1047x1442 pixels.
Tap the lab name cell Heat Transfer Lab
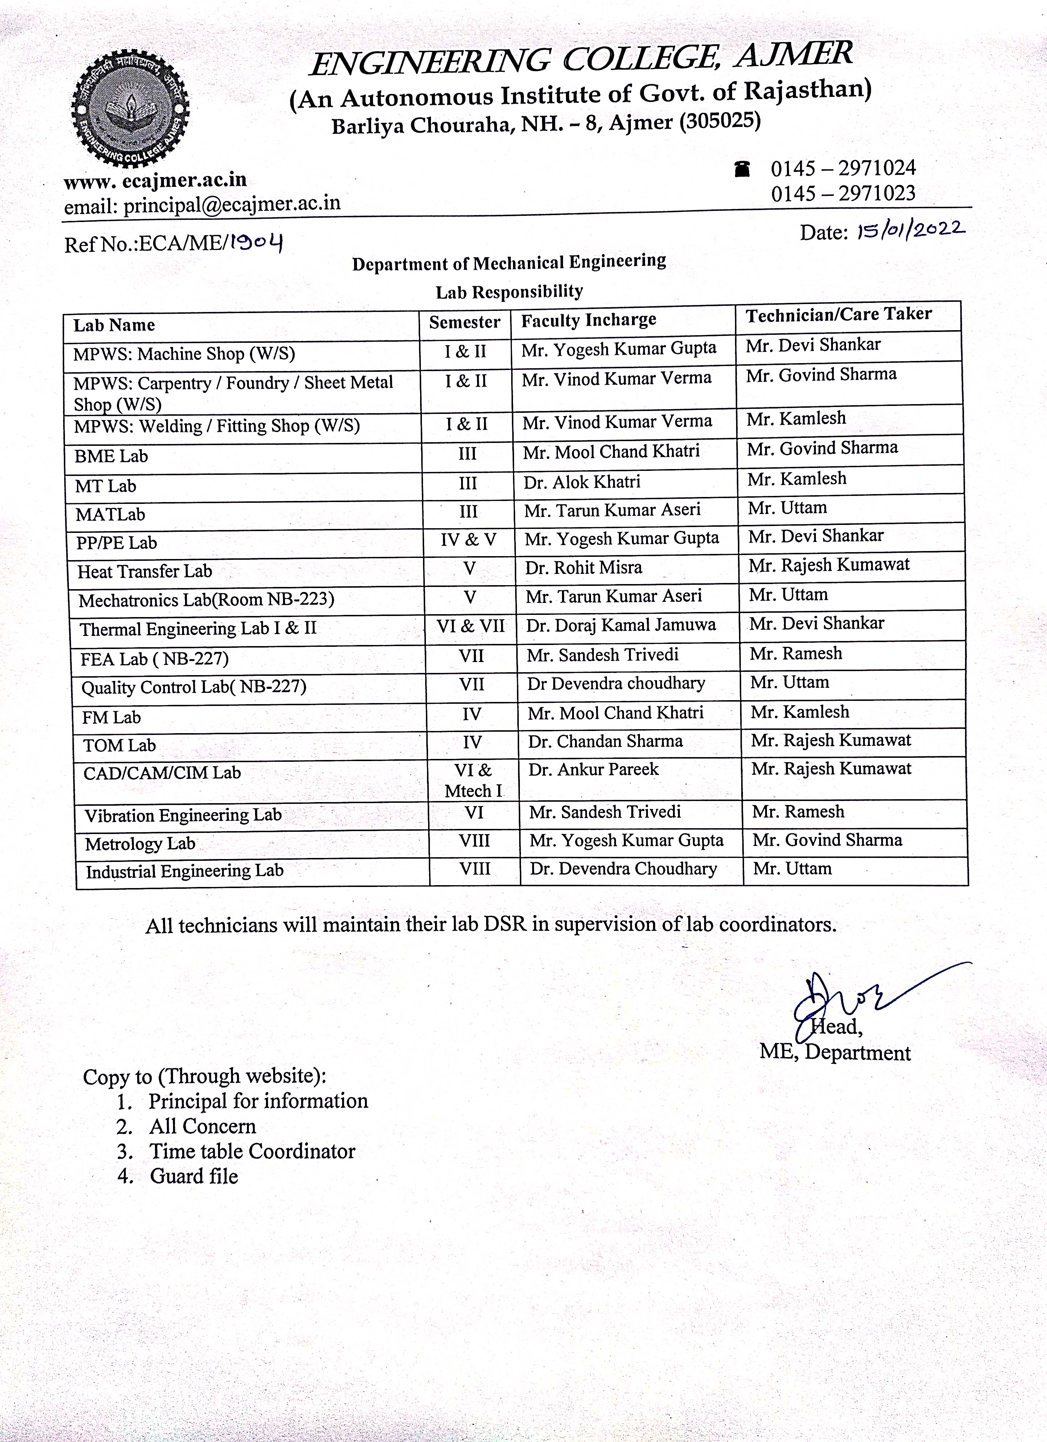click(145, 571)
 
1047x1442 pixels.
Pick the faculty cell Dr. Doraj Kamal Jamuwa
click(620, 625)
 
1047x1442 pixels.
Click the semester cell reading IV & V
click(468, 540)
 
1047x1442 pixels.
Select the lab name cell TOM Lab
click(119, 745)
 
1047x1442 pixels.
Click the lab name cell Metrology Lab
click(140, 844)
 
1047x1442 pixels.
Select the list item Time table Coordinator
click(252, 1151)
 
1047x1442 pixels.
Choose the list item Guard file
click(194, 1176)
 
